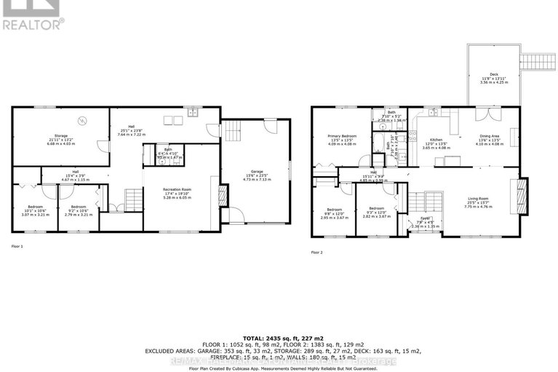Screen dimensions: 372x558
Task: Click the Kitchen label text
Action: pos(436,141)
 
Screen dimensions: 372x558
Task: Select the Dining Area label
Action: pos(489,141)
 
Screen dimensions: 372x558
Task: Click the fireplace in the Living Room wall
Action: pos(519,194)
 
